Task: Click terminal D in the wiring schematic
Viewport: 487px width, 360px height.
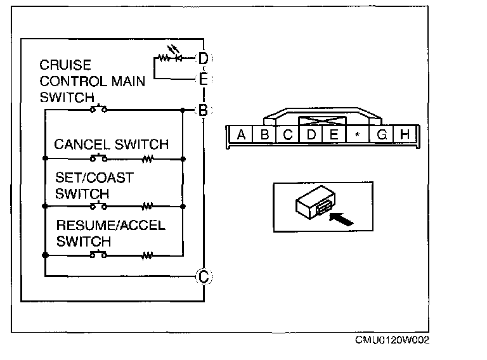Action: [203, 58]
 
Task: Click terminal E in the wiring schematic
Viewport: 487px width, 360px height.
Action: [203, 79]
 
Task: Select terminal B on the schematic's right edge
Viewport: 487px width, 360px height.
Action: [203, 110]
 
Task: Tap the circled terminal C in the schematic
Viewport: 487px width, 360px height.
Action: [203, 276]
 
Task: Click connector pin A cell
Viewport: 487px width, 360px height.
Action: [241, 134]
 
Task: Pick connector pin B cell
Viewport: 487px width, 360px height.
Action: [265, 134]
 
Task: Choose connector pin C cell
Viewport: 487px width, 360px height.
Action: [287, 134]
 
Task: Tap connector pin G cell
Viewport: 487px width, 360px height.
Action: [382, 134]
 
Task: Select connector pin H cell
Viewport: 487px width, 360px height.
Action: [405, 134]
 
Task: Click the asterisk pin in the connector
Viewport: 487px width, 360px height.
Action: [358, 135]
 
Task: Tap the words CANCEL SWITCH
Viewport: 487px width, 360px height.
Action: [112, 144]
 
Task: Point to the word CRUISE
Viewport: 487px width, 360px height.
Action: [65, 65]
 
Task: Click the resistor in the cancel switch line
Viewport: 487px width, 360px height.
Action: [148, 157]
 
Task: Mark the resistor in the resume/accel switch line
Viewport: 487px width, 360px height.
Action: [148, 255]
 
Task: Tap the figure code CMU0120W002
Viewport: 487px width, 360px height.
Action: [392, 340]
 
